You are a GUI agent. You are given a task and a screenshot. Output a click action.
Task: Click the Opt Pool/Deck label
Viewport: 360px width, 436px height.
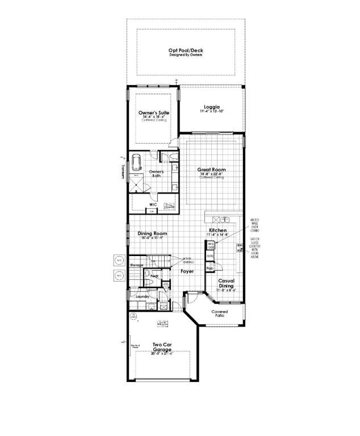click(186, 51)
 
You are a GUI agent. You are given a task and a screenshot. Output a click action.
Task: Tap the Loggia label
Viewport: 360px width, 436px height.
click(211, 107)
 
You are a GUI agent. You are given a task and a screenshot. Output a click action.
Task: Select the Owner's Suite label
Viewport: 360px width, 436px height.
click(153, 113)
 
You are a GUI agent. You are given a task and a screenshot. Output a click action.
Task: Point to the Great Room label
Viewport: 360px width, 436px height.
click(211, 170)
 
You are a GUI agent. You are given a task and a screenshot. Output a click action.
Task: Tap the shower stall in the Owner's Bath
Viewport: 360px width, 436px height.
click(137, 183)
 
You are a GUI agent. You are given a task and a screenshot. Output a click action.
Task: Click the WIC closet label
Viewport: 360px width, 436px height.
click(153, 204)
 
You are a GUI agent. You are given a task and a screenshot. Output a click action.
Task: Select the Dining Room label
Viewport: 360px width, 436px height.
click(152, 233)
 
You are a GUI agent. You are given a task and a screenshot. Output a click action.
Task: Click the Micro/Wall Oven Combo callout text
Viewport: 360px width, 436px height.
click(254, 224)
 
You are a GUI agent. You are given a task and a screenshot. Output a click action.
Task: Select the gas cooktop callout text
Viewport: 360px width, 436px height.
click(254, 248)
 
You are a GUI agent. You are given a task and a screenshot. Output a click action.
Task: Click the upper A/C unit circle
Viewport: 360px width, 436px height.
click(119, 261)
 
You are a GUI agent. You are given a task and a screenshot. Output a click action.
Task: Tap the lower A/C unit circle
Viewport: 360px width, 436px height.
click(119, 276)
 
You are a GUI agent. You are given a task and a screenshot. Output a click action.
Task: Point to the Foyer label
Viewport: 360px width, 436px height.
click(187, 271)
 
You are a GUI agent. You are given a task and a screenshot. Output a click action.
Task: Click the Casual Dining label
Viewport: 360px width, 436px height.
click(227, 283)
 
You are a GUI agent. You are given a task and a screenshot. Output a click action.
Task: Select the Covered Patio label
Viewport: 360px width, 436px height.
click(220, 313)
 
